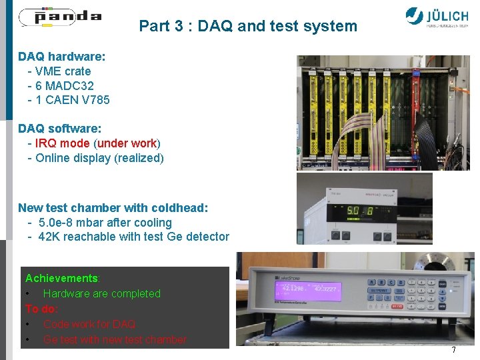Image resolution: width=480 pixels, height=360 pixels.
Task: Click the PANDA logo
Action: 60,16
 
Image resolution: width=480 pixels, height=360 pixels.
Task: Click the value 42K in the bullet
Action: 50,237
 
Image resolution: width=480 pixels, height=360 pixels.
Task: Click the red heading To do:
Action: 41,309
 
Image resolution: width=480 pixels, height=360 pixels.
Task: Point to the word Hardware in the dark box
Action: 66,293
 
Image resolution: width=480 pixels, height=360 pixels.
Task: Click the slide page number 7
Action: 453,350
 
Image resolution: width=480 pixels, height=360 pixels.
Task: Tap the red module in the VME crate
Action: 421,113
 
